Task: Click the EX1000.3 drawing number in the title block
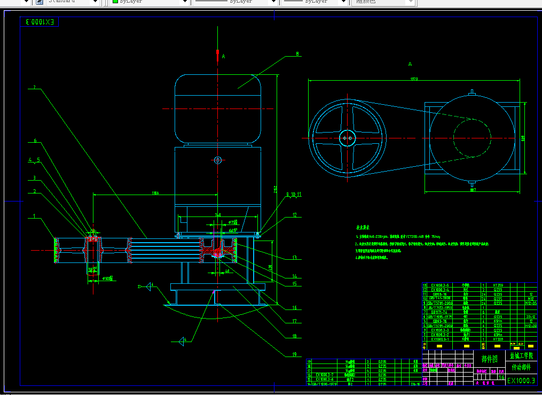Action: (x=521, y=380)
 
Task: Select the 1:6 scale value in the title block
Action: (x=501, y=377)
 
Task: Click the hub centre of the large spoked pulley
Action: (x=347, y=138)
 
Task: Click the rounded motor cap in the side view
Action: (x=217, y=110)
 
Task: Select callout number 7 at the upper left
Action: (x=34, y=87)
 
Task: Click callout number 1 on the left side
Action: (x=34, y=216)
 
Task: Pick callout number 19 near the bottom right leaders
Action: (x=294, y=354)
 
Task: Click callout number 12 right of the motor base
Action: (x=294, y=215)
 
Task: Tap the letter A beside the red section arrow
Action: (x=224, y=56)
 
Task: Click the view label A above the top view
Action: (x=410, y=64)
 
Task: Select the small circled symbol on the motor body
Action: (x=217, y=160)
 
